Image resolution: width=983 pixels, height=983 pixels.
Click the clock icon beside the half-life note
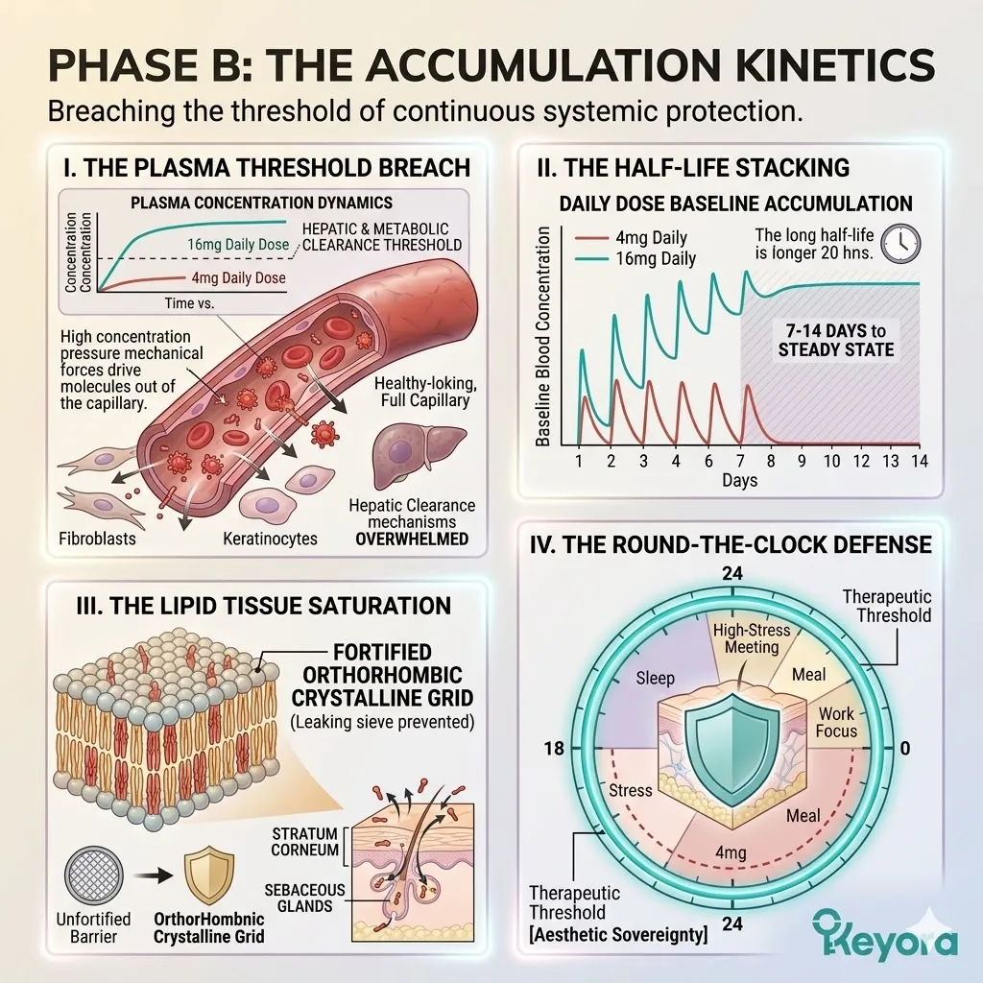[900, 243]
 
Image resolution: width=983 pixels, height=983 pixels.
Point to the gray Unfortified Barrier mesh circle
[94, 875]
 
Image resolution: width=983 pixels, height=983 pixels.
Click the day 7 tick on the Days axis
[740, 461]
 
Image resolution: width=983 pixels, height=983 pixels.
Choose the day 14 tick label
[919, 461]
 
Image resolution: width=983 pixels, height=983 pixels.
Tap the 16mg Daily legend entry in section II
[635, 258]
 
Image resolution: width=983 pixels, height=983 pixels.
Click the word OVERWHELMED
[412, 539]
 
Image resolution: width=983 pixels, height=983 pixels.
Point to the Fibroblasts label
[97, 538]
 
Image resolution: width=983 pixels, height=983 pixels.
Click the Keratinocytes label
[270, 538]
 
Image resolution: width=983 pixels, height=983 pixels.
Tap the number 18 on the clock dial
[554, 748]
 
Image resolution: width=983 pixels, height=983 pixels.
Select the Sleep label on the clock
[655, 678]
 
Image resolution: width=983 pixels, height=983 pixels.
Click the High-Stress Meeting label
[752, 638]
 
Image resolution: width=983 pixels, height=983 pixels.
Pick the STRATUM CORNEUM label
[305, 841]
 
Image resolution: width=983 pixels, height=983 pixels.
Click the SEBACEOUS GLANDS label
[304, 898]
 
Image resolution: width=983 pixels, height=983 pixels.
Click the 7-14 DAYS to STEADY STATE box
[836, 340]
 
